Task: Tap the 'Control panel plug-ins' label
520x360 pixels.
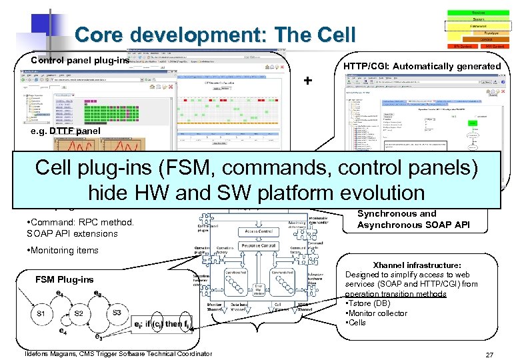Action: pyautogui.click(x=79, y=61)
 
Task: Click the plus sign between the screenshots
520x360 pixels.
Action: pyautogui.click(x=307, y=81)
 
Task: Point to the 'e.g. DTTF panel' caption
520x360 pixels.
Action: pyautogui.click(x=67, y=131)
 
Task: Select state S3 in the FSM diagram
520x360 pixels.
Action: pyautogui.click(x=117, y=312)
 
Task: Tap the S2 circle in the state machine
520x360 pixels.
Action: pyautogui.click(x=79, y=313)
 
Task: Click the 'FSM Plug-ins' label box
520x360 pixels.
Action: pyautogui.click(x=65, y=280)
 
